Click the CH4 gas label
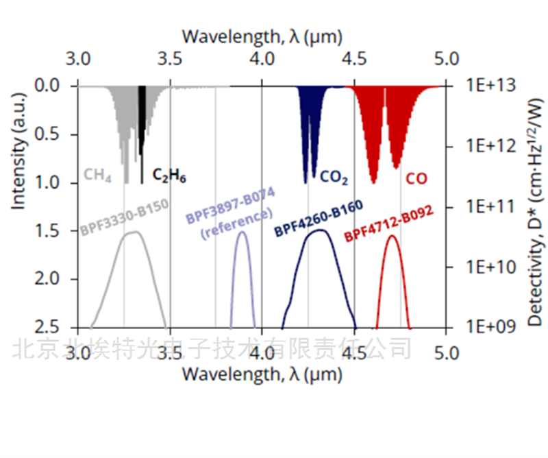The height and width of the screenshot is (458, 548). [x=97, y=176]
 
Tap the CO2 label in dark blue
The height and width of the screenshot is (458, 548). [x=334, y=180]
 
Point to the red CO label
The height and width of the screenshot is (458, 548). [x=416, y=179]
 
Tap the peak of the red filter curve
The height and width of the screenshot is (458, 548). [x=392, y=236]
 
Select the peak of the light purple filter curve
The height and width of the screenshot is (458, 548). [x=242, y=232]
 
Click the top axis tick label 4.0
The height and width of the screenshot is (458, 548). [x=262, y=60]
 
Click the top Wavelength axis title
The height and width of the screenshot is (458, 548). [x=262, y=35]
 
